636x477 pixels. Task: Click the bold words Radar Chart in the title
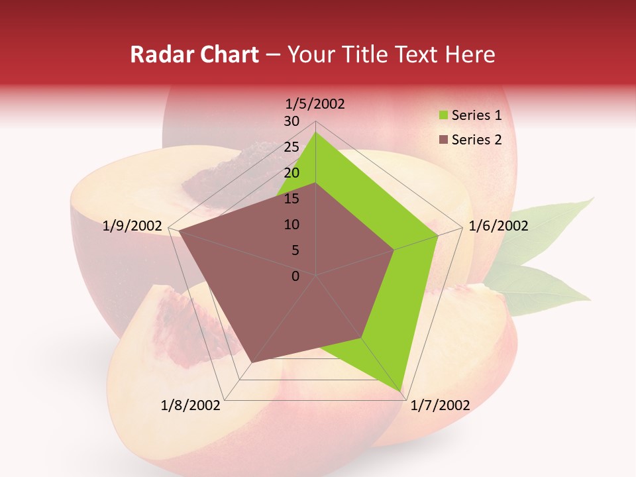point(194,55)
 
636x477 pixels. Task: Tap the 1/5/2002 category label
point(315,104)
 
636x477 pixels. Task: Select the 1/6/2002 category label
point(498,226)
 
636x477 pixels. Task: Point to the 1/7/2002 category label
point(440,405)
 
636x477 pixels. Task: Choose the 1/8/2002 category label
point(190,405)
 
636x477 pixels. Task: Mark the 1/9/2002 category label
point(132,226)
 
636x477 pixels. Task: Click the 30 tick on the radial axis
point(291,121)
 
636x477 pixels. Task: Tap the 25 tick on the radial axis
point(291,147)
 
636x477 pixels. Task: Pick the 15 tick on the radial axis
point(291,199)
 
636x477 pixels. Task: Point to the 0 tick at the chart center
point(295,276)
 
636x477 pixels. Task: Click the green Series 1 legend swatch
point(443,116)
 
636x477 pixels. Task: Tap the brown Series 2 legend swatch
point(443,140)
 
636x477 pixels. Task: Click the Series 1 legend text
point(476,116)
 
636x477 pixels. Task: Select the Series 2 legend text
point(476,140)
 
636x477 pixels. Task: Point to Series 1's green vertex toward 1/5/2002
point(316,132)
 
